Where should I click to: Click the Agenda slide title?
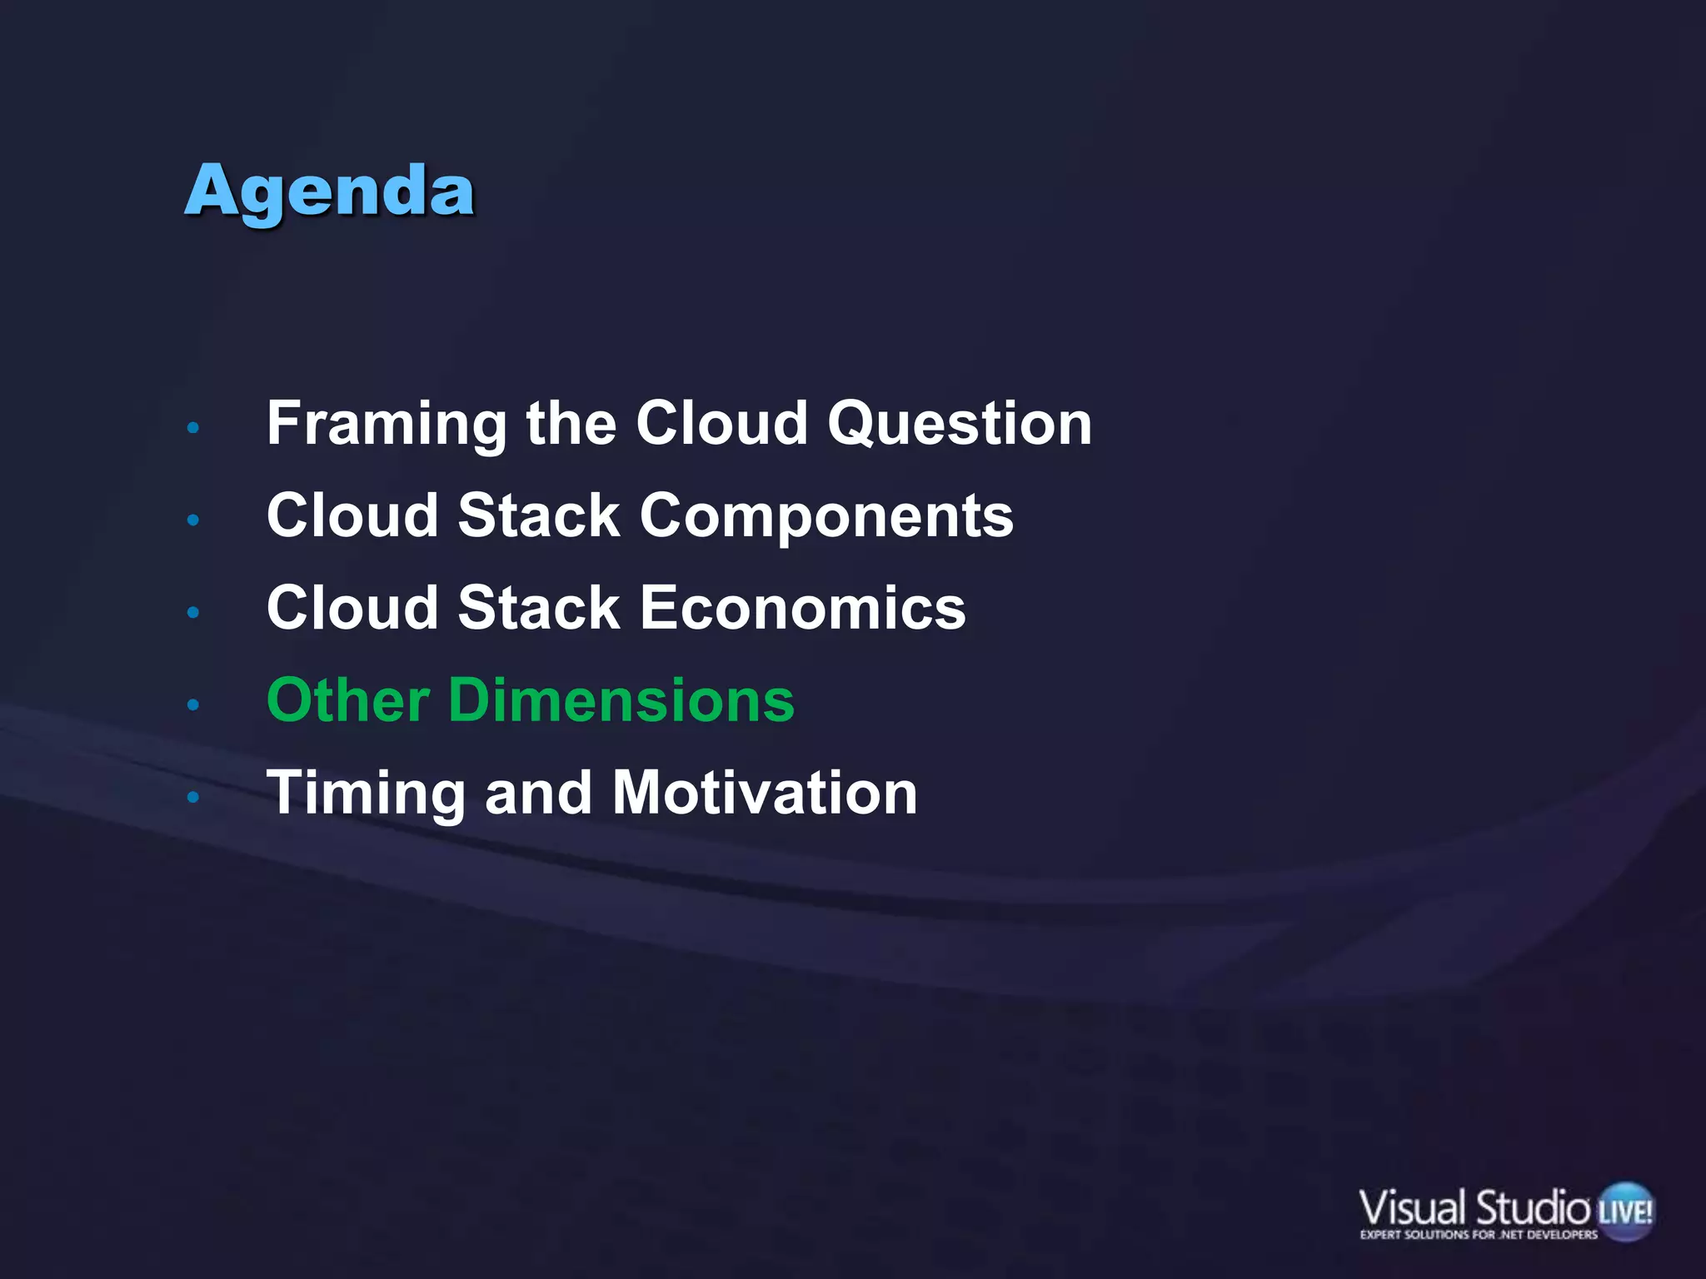pos(330,193)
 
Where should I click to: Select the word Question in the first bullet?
pos(959,425)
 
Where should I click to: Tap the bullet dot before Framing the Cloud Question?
pos(193,428)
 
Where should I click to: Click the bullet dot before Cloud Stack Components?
pos(193,520)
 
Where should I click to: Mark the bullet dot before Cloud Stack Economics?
pos(193,613)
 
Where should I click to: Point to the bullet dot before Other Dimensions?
pos(193,705)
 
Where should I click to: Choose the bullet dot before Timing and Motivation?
pos(193,798)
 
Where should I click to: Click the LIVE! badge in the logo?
pos(1625,1211)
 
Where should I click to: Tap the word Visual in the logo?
pos(1411,1208)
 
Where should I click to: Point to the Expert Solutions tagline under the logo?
pos(1479,1235)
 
